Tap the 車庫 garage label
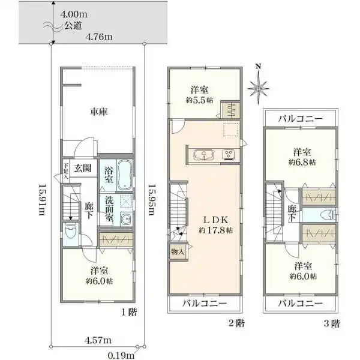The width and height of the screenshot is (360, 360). click(99, 112)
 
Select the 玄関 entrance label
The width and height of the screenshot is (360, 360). click(83, 168)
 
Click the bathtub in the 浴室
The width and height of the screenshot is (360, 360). click(125, 174)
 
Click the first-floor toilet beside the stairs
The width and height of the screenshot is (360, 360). click(70, 232)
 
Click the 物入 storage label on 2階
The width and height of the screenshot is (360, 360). click(178, 253)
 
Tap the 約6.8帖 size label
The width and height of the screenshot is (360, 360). click(301, 162)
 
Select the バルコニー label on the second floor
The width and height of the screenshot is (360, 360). click(205, 304)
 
